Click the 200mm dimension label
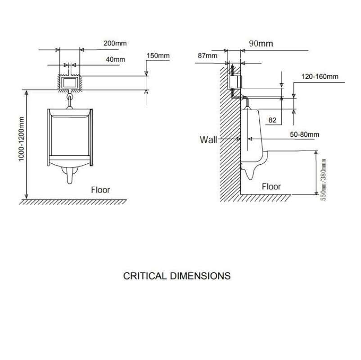tap(114, 43)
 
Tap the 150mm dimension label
tap(158, 56)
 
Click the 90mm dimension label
tap(261, 44)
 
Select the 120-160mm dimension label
tap(320, 76)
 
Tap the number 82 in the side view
tap(272, 120)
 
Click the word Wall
tap(208, 139)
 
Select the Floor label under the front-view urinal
tap(100, 189)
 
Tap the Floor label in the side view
tap(271, 186)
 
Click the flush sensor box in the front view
tap(69, 82)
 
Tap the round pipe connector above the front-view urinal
tap(70, 96)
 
